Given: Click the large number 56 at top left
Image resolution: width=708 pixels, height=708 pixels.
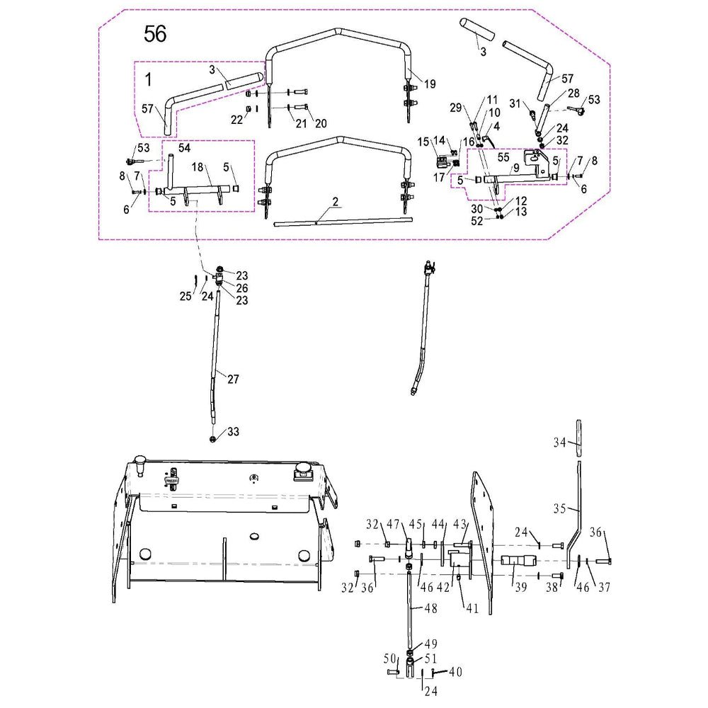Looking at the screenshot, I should [x=155, y=33].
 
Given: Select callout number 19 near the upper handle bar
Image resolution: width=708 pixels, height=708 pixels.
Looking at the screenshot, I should [x=430, y=84].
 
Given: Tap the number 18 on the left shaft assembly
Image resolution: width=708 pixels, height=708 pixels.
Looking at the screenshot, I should [x=198, y=167].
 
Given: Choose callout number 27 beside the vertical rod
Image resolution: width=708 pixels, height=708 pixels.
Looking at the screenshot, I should [x=233, y=378].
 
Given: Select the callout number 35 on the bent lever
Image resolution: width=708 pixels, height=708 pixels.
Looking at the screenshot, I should [x=559, y=508].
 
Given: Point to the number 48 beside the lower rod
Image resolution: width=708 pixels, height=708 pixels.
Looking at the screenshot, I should [x=431, y=608].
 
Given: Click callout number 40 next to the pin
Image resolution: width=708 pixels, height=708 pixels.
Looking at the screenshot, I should [x=455, y=672].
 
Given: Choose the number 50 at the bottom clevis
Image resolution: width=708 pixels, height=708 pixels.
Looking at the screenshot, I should [x=389, y=658].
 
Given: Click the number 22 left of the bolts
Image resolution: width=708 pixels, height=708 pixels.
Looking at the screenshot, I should [x=237, y=120].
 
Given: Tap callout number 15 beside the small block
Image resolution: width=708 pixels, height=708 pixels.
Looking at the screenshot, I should [x=423, y=142].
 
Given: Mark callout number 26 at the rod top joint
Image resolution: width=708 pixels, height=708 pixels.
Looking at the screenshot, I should [x=242, y=288].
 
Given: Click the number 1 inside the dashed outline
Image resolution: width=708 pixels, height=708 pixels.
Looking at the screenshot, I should [x=149, y=79].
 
